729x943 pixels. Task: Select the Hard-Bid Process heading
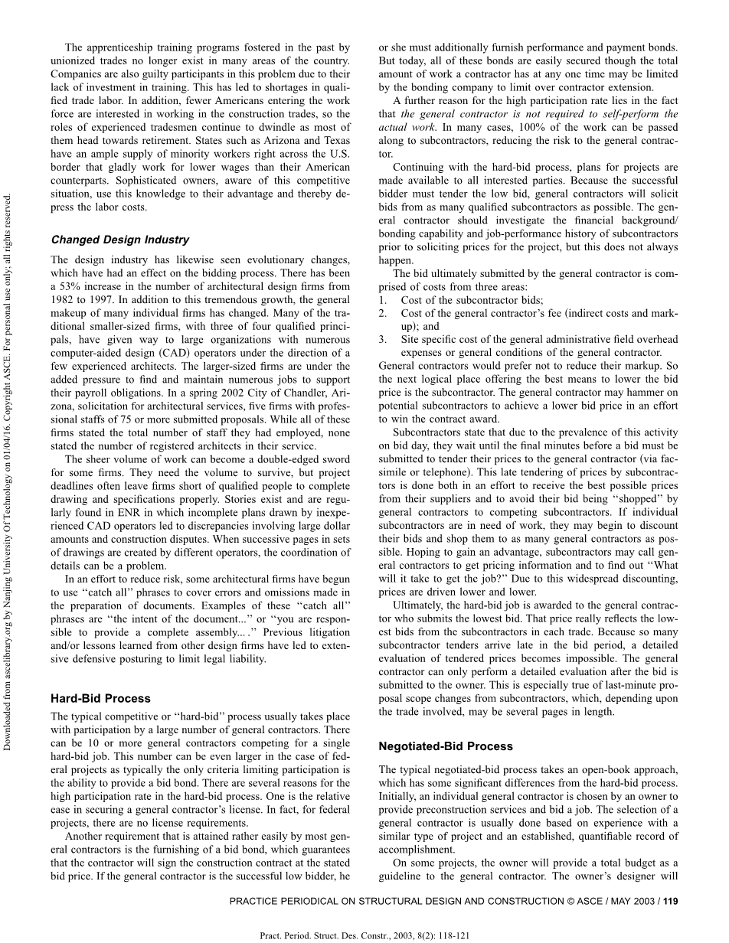click(x=100, y=698)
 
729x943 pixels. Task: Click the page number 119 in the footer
click(x=671, y=901)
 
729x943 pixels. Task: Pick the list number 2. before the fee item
click(x=383, y=313)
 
